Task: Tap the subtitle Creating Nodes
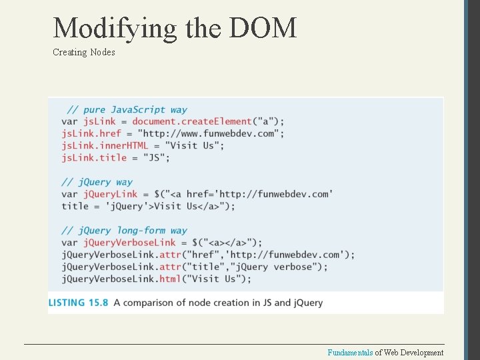[x=84, y=52]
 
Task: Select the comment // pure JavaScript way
[x=127, y=109]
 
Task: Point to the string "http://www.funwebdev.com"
[x=223, y=133]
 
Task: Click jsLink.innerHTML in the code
[x=105, y=145]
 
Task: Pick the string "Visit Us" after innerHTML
[x=194, y=145]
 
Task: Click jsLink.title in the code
[x=94, y=157]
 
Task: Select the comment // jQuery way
[x=97, y=182]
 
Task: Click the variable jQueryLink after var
[x=110, y=194]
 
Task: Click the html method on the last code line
[x=169, y=279]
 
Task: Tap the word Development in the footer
[x=420, y=353]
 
